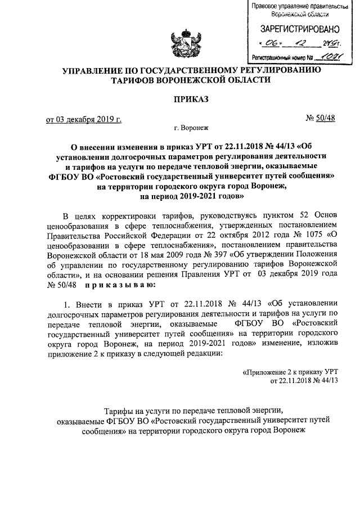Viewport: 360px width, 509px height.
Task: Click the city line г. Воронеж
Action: click(x=191, y=128)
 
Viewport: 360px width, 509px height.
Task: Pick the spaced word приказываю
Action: click(x=116, y=286)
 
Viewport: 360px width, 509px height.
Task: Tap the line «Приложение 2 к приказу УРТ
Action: click(x=289, y=372)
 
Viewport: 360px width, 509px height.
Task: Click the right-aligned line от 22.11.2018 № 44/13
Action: click(x=304, y=381)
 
